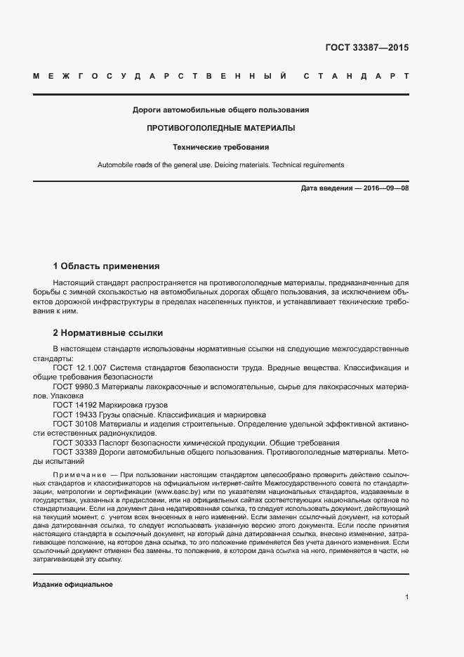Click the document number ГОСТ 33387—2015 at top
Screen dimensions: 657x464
(366, 48)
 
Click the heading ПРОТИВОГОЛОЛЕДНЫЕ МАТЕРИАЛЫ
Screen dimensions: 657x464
(220, 129)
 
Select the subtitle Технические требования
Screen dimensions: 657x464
(220, 148)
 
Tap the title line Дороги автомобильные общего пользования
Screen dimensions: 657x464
(220, 110)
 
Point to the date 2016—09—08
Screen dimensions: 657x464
(385, 189)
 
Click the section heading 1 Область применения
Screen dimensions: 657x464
(106, 266)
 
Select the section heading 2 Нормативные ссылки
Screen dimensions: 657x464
(108, 333)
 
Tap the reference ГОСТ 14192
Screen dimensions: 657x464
(74, 405)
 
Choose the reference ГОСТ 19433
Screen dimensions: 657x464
(74, 415)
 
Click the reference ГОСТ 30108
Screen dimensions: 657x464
(74, 424)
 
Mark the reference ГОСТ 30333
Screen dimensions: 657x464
(74, 443)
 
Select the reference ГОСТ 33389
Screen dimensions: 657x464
(74, 453)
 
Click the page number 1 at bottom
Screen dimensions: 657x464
(406, 597)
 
